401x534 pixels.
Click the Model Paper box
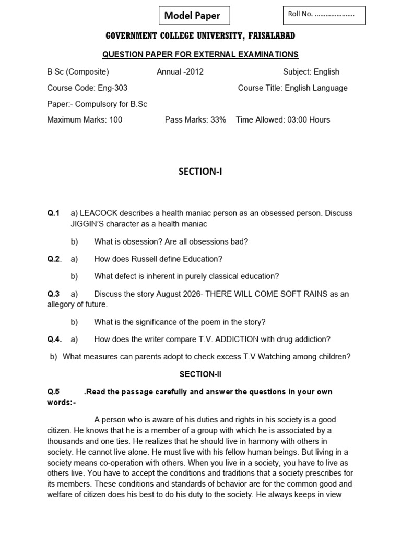click(x=194, y=16)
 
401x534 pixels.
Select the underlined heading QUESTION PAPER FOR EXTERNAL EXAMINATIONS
click(x=200, y=54)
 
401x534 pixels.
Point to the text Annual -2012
click(x=180, y=72)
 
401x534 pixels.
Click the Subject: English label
click(x=311, y=72)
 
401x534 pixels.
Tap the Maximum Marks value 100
click(x=115, y=120)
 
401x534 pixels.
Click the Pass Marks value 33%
click(x=217, y=120)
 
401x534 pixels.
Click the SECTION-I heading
click(x=200, y=172)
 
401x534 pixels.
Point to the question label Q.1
click(x=54, y=213)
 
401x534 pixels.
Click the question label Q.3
click(x=54, y=294)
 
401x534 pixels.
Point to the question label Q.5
click(x=54, y=392)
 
